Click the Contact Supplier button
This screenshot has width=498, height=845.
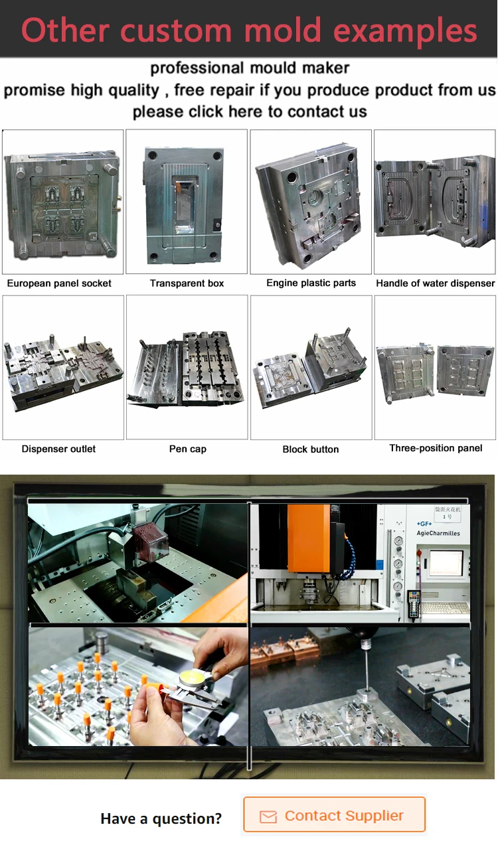coord(334,816)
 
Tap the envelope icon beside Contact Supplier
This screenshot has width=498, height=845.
coord(268,816)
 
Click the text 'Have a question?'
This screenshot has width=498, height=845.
coord(161,818)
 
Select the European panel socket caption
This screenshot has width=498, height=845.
coord(59,283)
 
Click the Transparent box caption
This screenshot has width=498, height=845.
coord(187,283)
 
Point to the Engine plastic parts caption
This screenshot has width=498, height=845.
coord(311,283)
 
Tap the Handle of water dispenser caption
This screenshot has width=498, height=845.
coord(436,283)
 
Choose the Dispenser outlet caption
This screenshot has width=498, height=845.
coord(58,449)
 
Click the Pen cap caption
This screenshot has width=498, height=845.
coord(187,449)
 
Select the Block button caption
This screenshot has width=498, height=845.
coord(311,449)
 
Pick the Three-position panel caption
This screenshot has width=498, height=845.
coord(436,448)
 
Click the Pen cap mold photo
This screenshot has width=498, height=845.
coord(187,367)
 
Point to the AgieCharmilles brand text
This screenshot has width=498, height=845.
coord(438,534)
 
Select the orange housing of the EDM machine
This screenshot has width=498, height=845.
coord(309,538)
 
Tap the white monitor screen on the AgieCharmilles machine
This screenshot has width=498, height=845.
coord(446,563)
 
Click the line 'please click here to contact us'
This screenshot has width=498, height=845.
coord(250,112)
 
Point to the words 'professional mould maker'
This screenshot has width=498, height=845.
coord(250,68)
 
